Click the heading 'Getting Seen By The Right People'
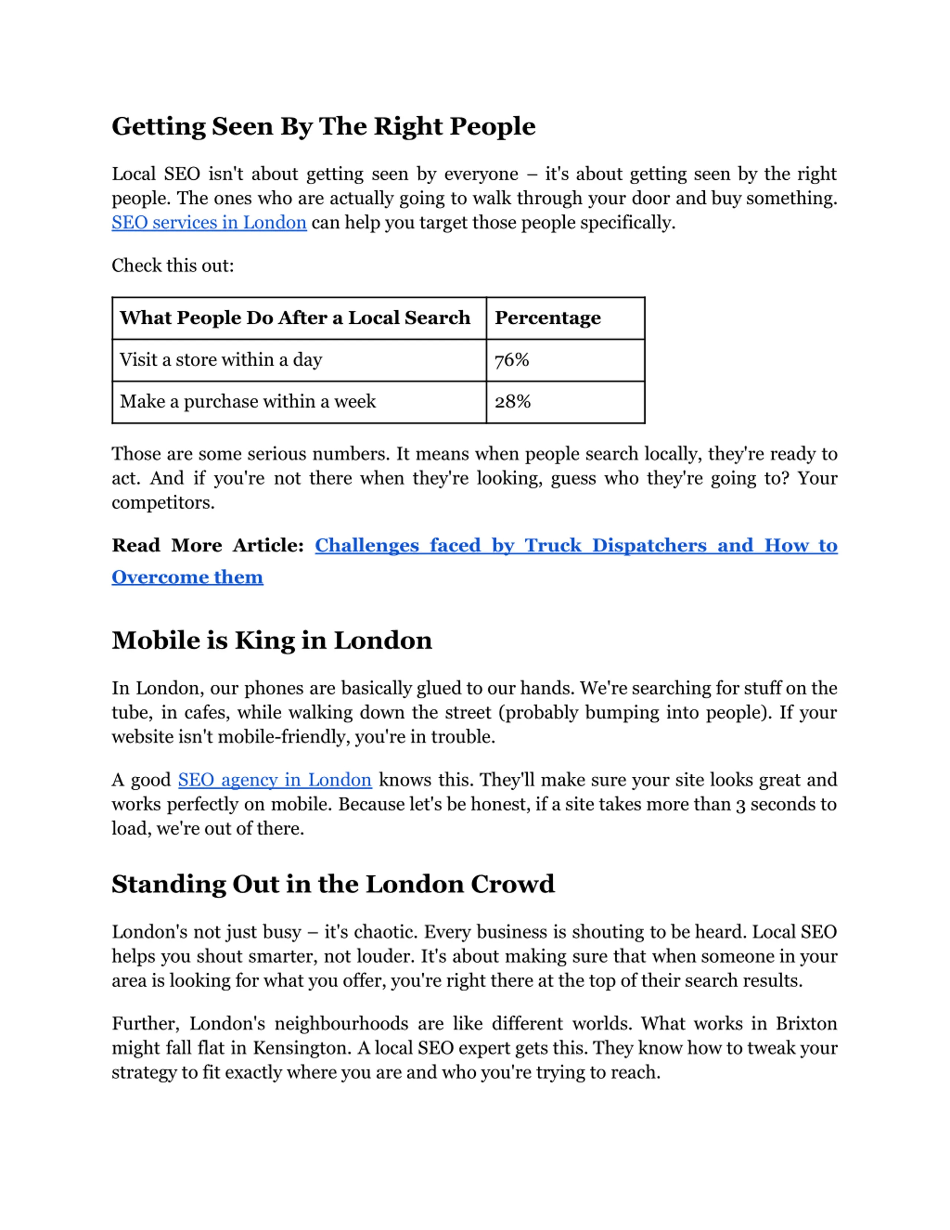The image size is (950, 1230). [x=323, y=126]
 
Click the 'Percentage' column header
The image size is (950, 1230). [x=548, y=318]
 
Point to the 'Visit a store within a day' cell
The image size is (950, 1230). [x=221, y=359]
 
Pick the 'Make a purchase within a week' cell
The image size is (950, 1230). [x=248, y=402]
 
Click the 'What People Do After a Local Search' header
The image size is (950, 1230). [x=295, y=318]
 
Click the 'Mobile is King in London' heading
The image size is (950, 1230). [x=272, y=640]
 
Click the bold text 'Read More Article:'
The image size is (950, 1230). [x=208, y=545]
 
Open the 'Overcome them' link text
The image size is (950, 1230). [x=187, y=577]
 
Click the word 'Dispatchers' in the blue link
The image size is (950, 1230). [x=649, y=545]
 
